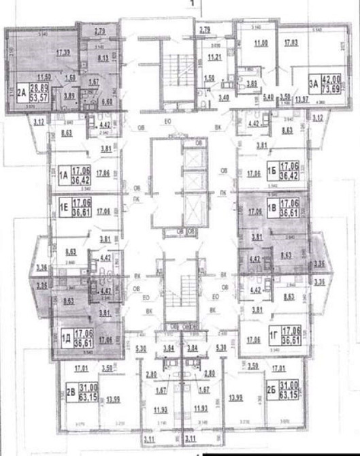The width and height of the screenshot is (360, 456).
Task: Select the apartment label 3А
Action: click(314, 84)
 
